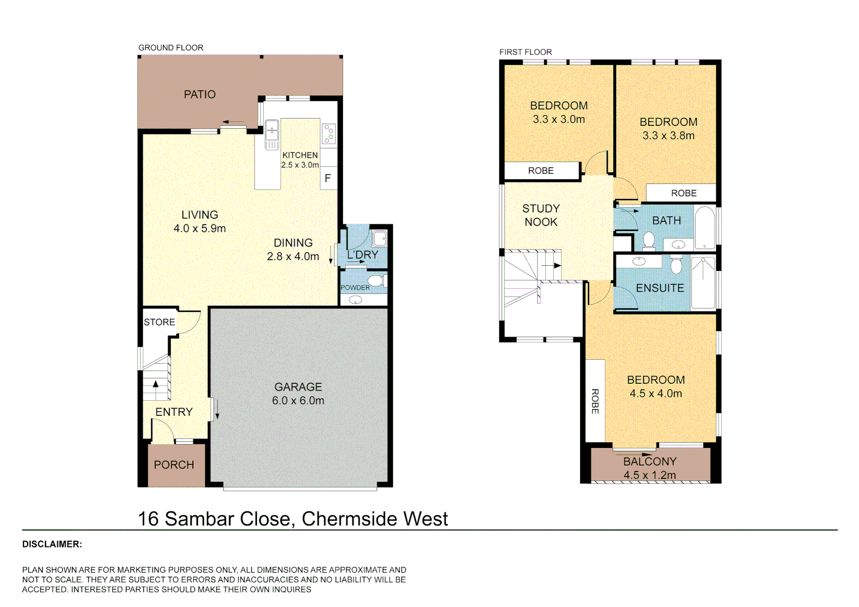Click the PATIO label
pos(200,94)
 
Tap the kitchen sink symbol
pos(272,134)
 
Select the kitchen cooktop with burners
pos(329,133)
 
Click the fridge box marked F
pos(328,178)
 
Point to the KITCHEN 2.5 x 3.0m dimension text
pos(300,165)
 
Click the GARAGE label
pos(298,387)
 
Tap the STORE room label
pos(159,322)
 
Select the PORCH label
pos(174,465)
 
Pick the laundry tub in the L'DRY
pos(379,238)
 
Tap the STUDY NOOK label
pos(541,215)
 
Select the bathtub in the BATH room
pos(704,228)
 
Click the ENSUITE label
pos(659,288)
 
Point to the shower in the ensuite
pos(703,283)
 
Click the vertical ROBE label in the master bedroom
pos(595,401)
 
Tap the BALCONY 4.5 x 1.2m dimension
pos(649,475)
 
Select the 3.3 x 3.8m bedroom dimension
pos(668,135)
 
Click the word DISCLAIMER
pos(52,544)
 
